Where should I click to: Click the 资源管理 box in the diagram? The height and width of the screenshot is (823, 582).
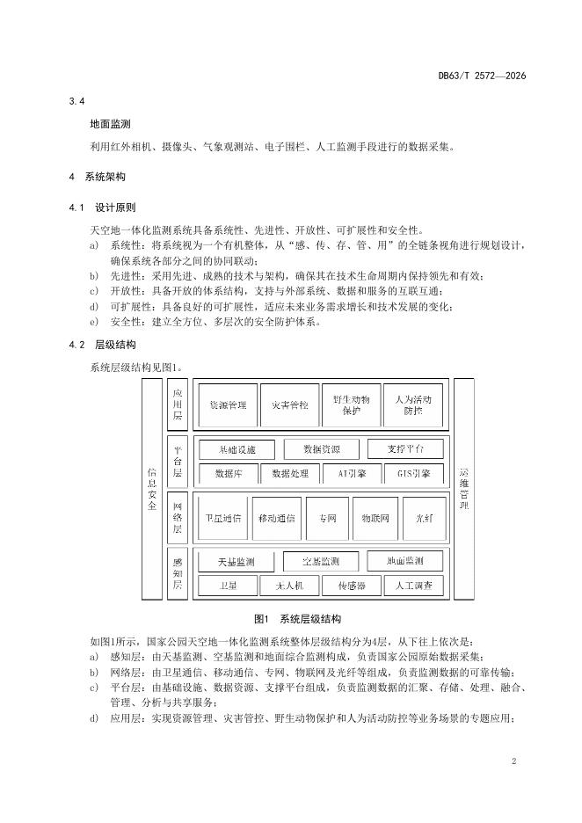point(228,405)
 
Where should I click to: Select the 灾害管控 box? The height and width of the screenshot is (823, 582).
point(290,405)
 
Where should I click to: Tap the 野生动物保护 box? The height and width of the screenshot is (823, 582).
point(351,405)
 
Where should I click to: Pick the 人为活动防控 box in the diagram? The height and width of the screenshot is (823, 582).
point(413,405)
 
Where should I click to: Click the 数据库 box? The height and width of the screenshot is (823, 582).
point(228,473)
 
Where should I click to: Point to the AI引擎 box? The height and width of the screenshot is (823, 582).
point(351,473)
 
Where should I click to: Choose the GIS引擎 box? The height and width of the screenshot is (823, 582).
point(413,473)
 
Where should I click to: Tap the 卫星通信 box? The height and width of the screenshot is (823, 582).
point(223,519)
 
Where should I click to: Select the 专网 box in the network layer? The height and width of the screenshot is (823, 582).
point(327,519)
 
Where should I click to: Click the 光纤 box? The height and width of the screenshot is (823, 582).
point(424,519)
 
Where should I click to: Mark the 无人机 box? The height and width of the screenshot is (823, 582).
point(290,586)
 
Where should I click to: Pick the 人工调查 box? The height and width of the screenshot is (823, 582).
point(413,586)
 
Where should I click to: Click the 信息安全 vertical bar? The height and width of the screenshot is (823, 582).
point(152,489)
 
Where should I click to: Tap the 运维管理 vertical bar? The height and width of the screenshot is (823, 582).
point(464,489)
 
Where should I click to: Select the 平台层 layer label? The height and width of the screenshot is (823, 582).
point(178,462)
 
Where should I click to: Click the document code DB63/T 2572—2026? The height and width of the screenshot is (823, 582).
point(482,76)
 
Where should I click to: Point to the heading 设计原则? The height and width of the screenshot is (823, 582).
point(115,208)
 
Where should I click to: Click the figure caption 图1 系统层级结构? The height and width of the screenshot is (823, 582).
point(297,619)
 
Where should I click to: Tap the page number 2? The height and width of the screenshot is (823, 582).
point(513,761)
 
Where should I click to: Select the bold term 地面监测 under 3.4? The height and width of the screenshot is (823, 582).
point(110,124)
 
